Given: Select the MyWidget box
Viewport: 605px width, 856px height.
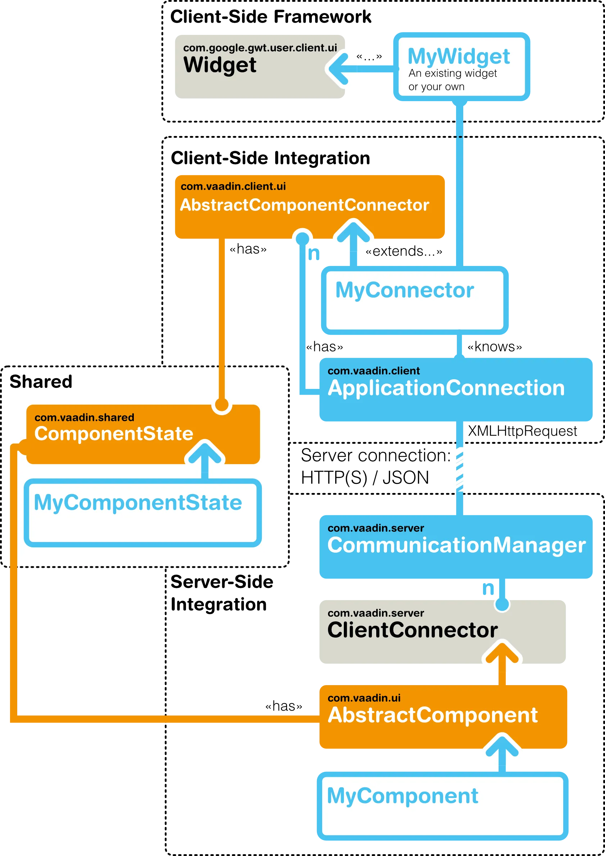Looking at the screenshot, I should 461,67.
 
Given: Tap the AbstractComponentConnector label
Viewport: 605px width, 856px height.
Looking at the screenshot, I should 304,205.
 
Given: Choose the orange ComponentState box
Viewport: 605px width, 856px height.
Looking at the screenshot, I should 143,434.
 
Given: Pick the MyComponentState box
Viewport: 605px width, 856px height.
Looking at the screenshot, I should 142,512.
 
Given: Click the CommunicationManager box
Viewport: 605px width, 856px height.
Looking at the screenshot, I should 455,546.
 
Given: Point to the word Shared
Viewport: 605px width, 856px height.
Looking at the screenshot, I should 41,382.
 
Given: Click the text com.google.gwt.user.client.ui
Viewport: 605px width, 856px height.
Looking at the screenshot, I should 260,48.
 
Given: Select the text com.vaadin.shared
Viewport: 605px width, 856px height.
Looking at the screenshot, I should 84,417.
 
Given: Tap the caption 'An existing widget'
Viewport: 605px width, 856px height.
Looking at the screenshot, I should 452,73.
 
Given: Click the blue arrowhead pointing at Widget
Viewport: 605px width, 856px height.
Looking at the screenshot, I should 338,68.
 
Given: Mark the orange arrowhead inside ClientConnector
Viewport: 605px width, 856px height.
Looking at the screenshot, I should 502,652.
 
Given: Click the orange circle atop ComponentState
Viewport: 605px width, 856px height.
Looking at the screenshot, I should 222,404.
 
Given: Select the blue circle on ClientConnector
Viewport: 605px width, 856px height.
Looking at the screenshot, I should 502,604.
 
